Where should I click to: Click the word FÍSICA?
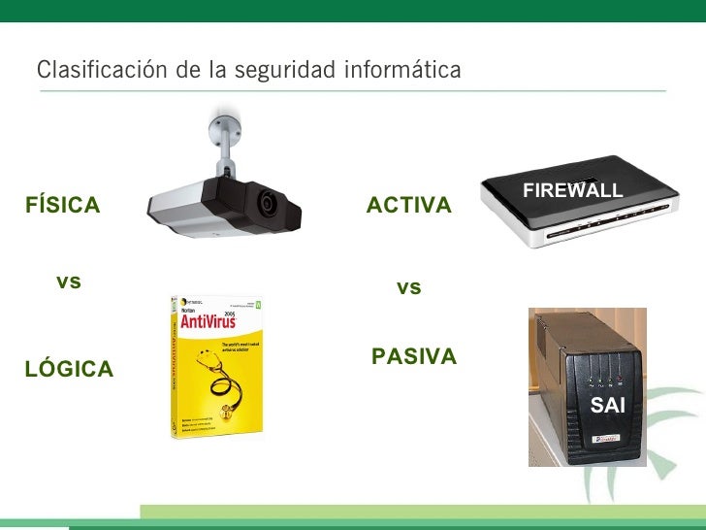point(63,206)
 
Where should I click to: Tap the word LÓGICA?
point(69,370)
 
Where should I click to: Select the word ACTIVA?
point(408,206)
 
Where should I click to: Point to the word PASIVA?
point(414,357)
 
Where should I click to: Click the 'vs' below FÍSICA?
point(69,282)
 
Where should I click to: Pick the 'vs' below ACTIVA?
point(409,288)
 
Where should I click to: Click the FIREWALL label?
point(572,191)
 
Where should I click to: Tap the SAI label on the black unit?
point(608,407)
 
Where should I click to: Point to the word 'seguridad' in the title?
point(288,71)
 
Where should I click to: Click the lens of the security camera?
point(268,203)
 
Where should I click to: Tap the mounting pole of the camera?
point(224,155)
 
